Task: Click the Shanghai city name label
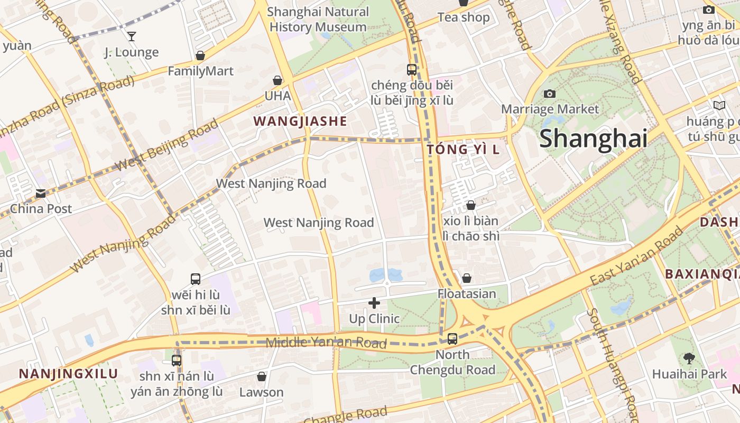[x=593, y=139]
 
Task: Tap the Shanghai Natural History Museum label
[x=318, y=19]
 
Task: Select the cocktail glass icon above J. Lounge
[x=131, y=36]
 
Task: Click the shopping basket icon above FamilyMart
[x=200, y=56]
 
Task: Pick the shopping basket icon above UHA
[x=277, y=80]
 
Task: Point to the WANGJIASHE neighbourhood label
[x=300, y=121]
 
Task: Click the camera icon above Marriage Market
[x=550, y=94]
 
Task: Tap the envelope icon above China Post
[x=41, y=194]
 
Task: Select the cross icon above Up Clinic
[x=374, y=303]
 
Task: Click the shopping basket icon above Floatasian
[x=467, y=278]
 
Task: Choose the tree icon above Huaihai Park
[x=689, y=358]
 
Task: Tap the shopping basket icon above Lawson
[x=261, y=376]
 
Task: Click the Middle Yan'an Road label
[x=326, y=342]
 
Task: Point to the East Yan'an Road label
[x=636, y=256]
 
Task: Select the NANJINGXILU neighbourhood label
[x=68, y=374]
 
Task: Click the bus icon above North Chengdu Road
[x=452, y=339]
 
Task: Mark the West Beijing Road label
[x=166, y=145]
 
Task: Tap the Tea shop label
[x=464, y=17]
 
